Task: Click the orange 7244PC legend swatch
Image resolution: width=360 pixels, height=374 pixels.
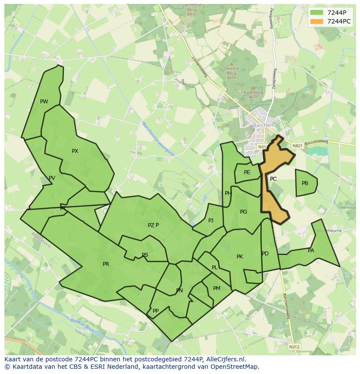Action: pyautogui.click(x=317, y=21)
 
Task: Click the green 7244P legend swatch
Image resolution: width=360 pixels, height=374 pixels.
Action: pyautogui.click(x=317, y=13)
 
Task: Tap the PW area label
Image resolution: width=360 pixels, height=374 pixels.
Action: pyautogui.click(x=44, y=102)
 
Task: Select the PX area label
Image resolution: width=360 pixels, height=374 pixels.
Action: pyautogui.click(x=75, y=151)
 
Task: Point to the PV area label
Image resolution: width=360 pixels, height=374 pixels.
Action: pyautogui.click(x=52, y=178)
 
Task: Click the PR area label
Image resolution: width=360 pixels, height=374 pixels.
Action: pyautogui.click(x=106, y=264)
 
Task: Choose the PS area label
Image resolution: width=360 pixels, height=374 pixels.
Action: pyautogui.click(x=145, y=255)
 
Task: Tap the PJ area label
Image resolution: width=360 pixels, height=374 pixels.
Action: pyautogui.click(x=211, y=221)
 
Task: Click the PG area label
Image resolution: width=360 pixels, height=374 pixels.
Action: pyautogui.click(x=243, y=212)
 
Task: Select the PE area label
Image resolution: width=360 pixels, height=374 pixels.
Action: pyautogui.click(x=247, y=172)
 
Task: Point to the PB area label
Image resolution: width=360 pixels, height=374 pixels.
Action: pyautogui.click(x=305, y=183)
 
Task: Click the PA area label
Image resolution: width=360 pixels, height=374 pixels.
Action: pyautogui.click(x=311, y=251)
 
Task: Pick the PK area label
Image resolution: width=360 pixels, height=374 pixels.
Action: pyautogui.click(x=240, y=257)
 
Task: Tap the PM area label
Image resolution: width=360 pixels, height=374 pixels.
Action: pyautogui.click(x=217, y=288)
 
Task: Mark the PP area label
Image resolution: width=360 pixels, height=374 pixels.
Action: pyautogui.click(x=155, y=311)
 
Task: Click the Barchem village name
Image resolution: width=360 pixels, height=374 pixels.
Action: pyautogui.click(x=264, y=126)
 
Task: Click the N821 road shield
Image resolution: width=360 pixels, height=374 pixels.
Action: pyautogui.click(x=297, y=146)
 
